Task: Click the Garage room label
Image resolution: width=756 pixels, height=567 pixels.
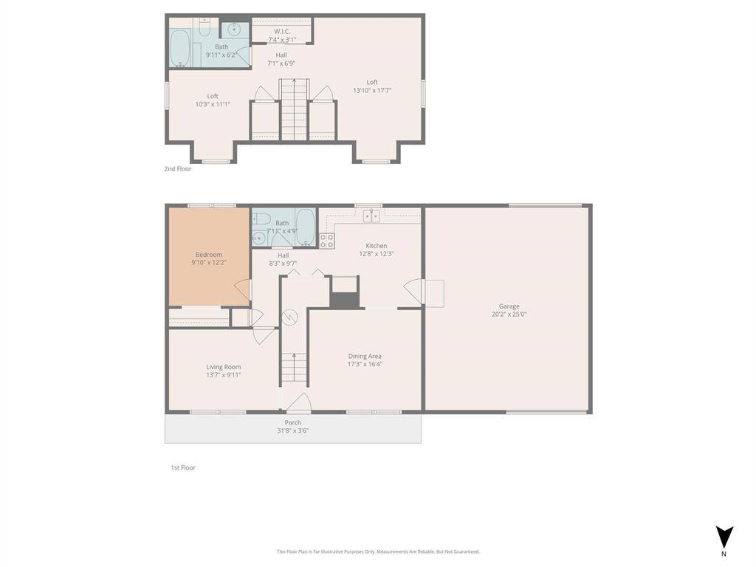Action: pyautogui.click(x=509, y=306)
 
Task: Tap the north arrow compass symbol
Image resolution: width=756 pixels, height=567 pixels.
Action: pyautogui.click(x=724, y=537)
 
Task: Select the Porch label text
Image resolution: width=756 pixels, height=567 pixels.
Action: pyautogui.click(x=292, y=422)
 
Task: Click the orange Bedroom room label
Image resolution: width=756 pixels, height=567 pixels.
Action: pyautogui.click(x=209, y=255)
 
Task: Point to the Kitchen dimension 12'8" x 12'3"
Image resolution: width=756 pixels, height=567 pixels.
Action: pyautogui.click(x=376, y=254)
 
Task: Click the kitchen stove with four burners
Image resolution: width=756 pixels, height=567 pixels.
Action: pyautogui.click(x=327, y=240)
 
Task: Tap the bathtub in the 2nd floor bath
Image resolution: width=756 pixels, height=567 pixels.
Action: pyautogui.click(x=180, y=49)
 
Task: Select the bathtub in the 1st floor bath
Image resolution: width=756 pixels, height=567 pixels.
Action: pyautogui.click(x=306, y=227)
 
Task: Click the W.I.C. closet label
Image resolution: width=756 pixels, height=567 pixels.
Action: pyautogui.click(x=281, y=31)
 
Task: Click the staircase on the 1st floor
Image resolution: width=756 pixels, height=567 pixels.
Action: pyautogui.click(x=294, y=367)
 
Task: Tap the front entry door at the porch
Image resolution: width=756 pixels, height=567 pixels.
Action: pyautogui.click(x=298, y=403)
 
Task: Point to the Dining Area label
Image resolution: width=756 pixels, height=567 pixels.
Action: pyautogui.click(x=365, y=356)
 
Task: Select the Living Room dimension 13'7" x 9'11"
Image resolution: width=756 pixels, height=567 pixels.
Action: pyautogui.click(x=223, y=375)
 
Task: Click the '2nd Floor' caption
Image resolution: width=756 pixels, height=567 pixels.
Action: pyautogui.click(x=178, y=169)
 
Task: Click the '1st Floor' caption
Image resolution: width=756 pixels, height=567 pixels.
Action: pyautogui.click(x=183, y=467)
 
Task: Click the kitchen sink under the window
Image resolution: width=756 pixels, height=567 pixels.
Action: pyautogui.click(x=371, y=216)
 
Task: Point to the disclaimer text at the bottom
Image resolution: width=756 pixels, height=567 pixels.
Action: pyautogui.click(x=378, y=551)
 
